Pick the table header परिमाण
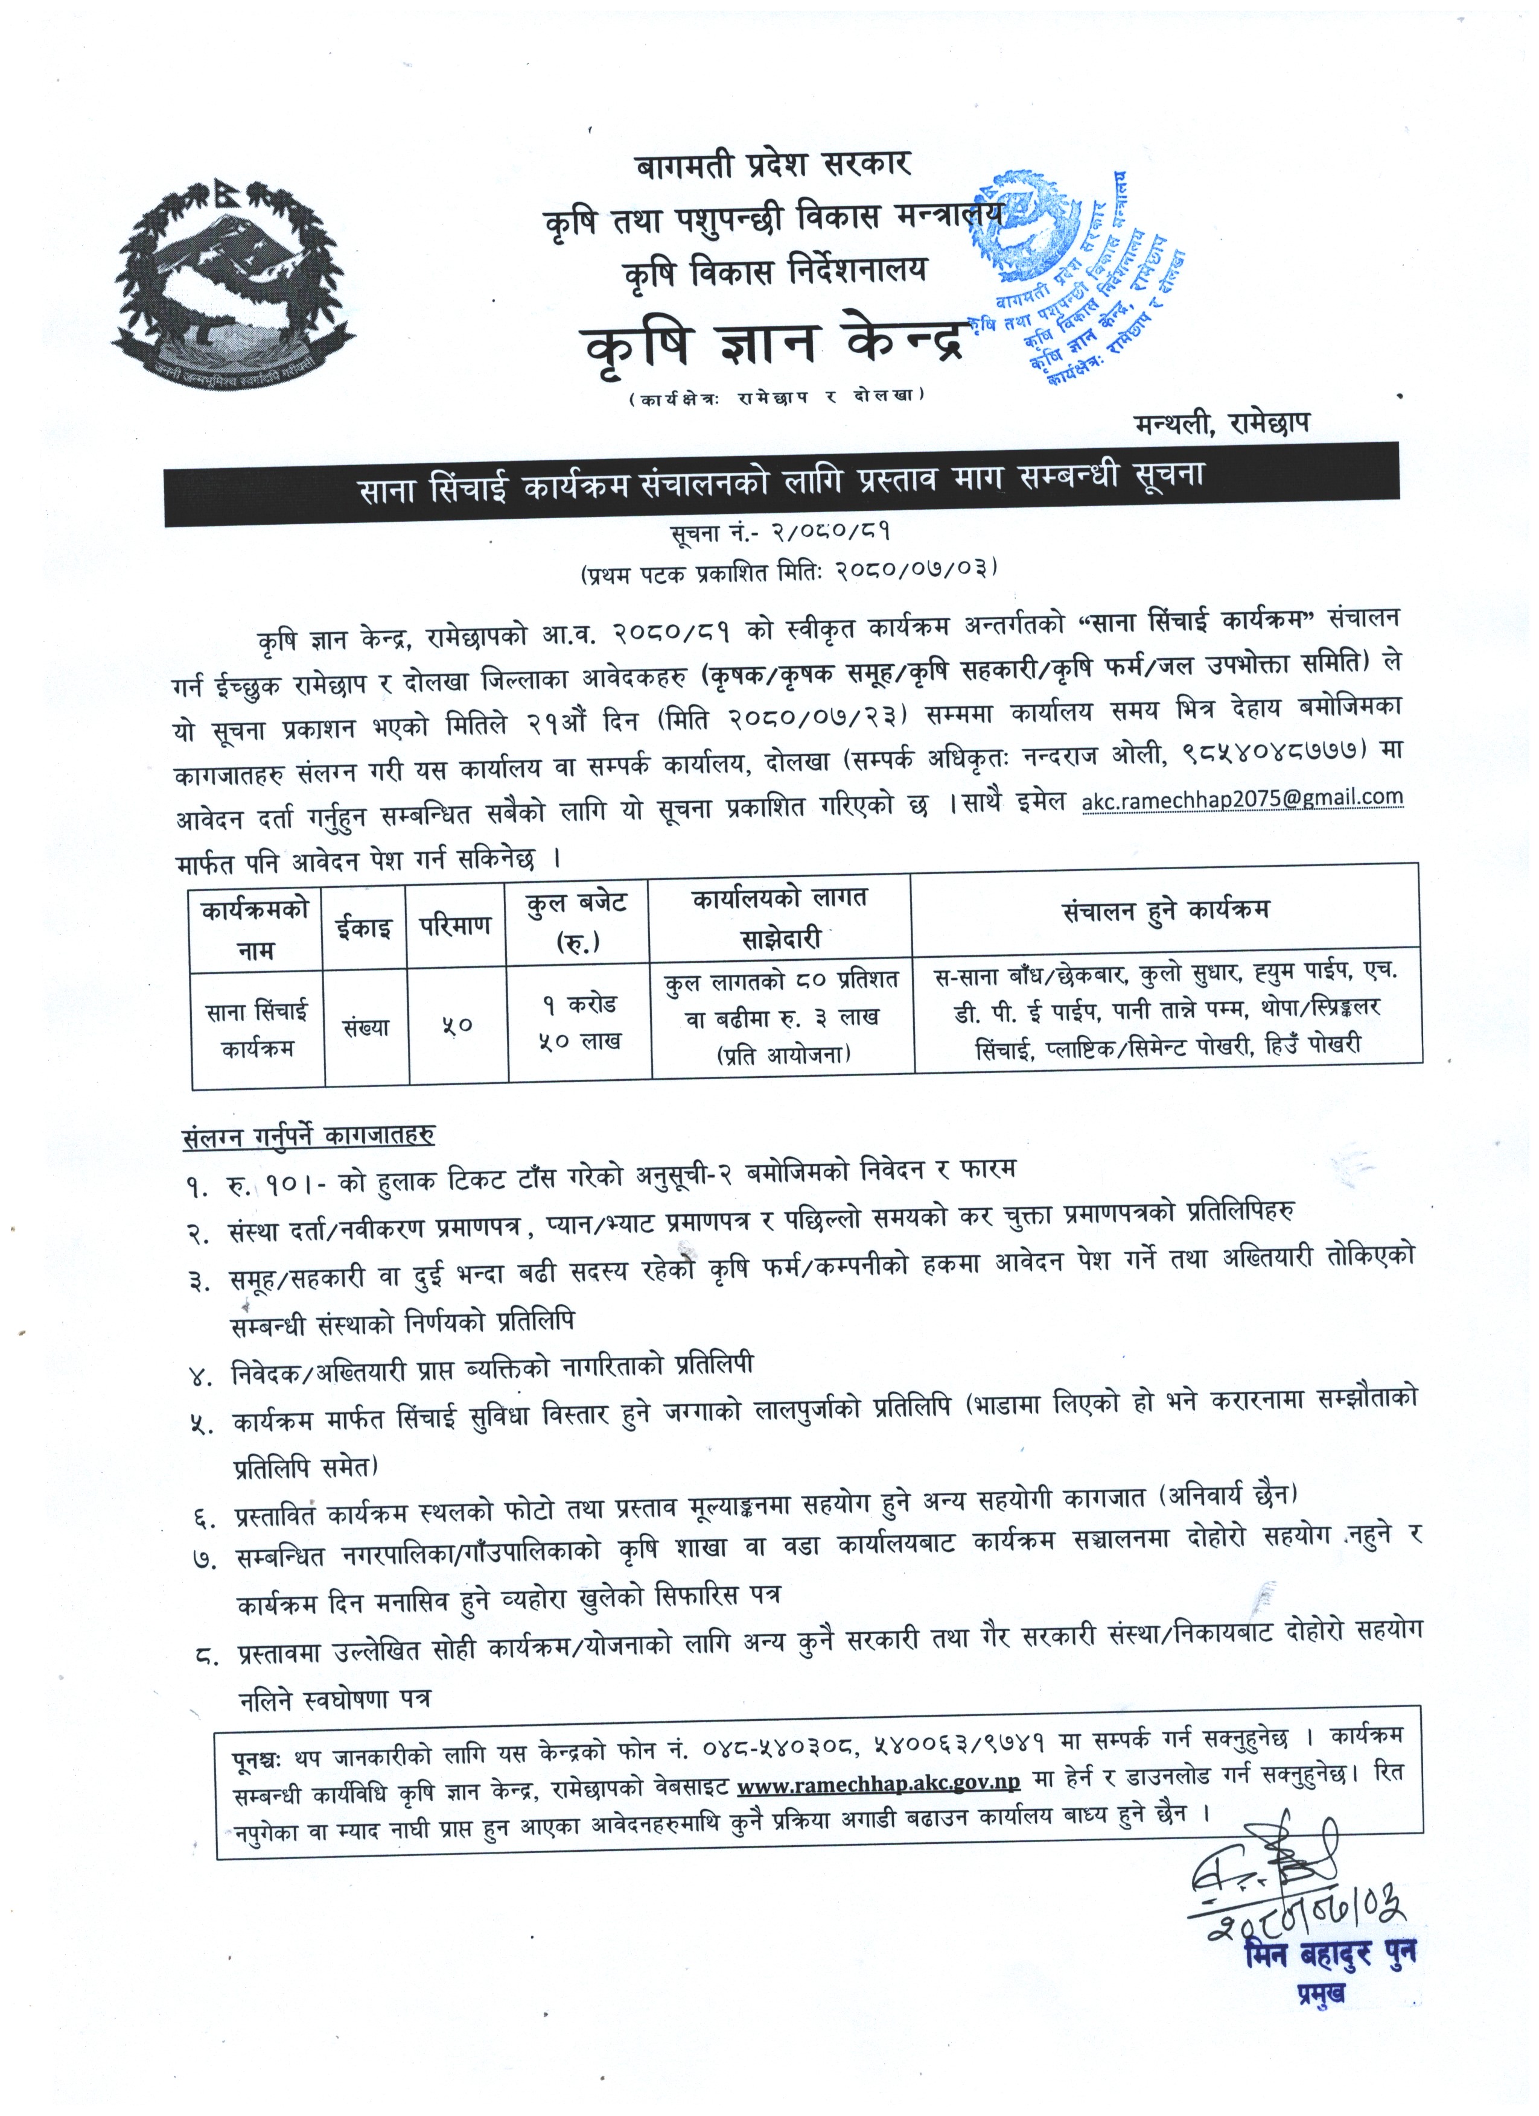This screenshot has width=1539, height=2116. point(456,927)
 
